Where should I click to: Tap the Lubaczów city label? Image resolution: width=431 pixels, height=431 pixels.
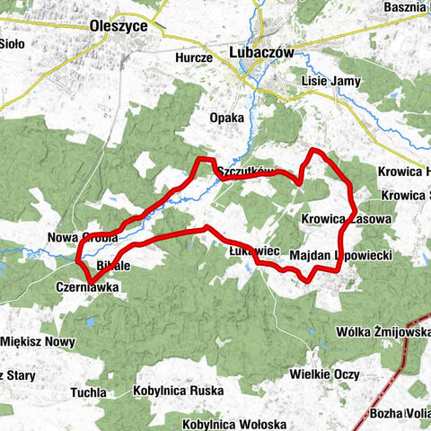pyautogui.click(x=261, y=53)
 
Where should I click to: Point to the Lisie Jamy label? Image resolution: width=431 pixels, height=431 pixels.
pyautogui.click(x=331, y=81)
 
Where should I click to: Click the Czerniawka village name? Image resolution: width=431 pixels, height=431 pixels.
pyautogui.click(x=85, y=289)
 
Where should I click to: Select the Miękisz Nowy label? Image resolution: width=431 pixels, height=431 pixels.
pyautogui.click(x=36, y=339)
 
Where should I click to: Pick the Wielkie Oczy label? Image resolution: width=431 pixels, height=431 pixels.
pyautogui.click(x=325, y=374)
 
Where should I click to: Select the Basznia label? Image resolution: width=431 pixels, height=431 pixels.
pyautogui.click(x=406, y=8)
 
